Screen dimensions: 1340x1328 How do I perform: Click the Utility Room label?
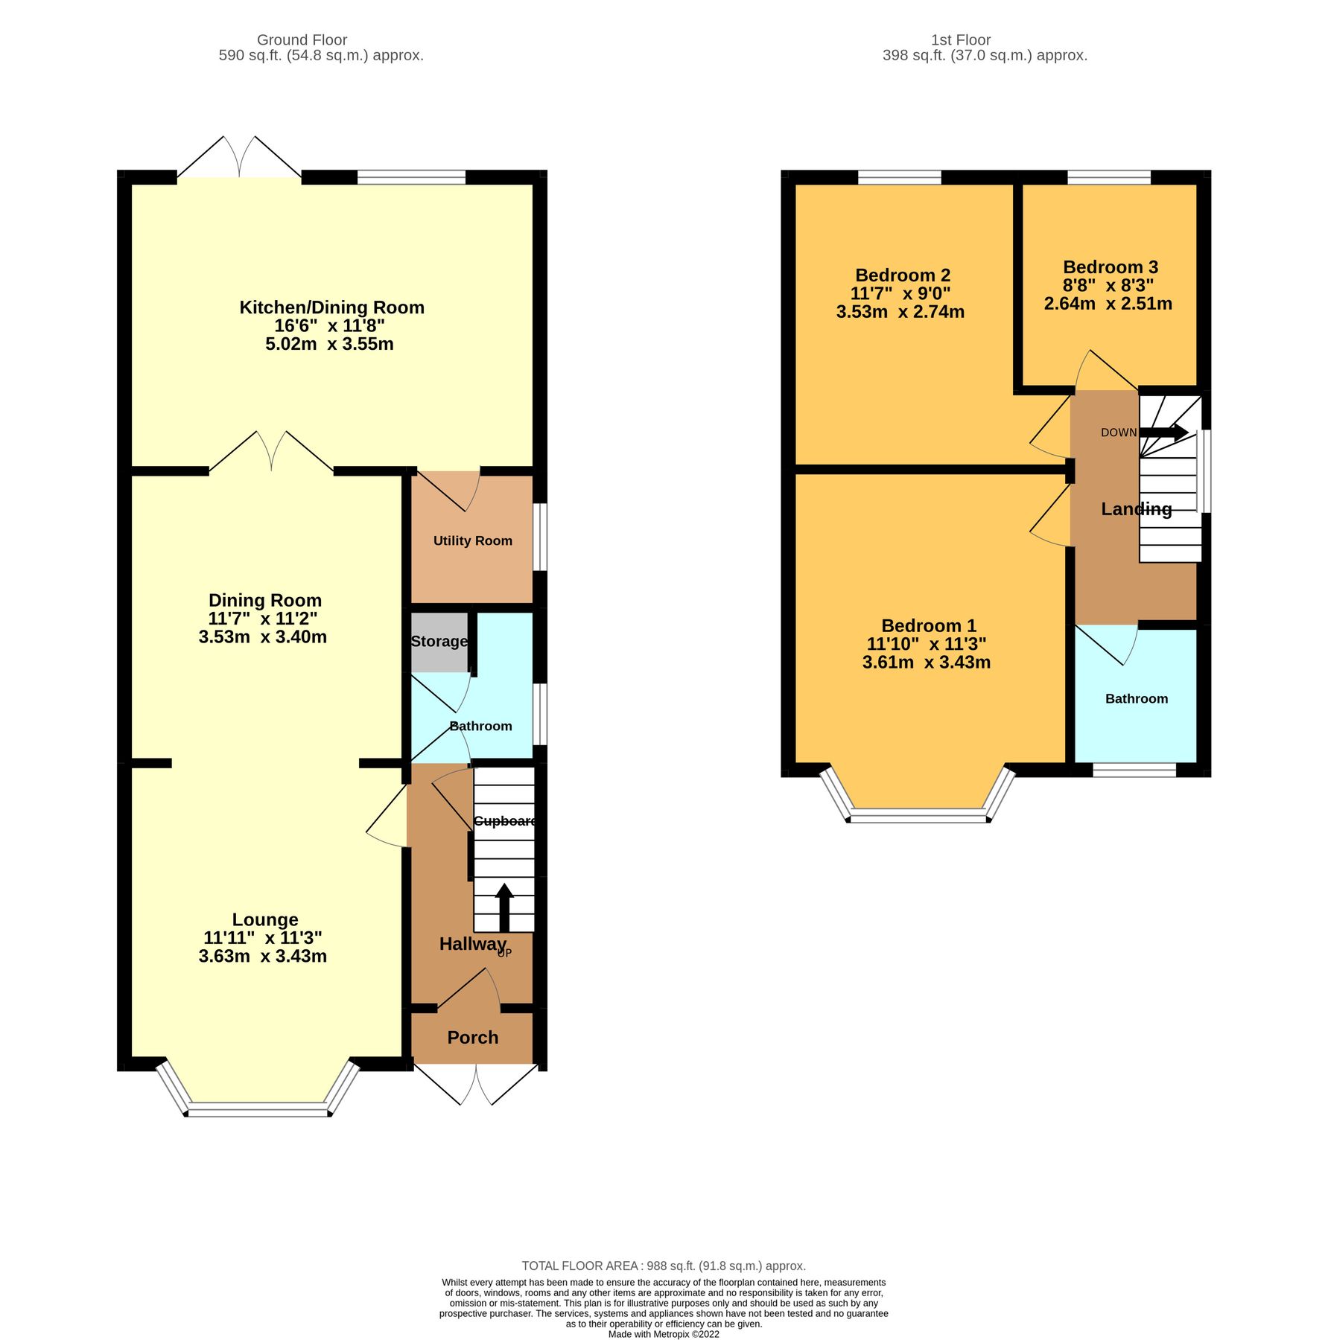(x=472, y=540)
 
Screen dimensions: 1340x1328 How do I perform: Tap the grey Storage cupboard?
(x=439, y=642)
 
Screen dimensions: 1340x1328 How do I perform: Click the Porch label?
(x=472, y=1037)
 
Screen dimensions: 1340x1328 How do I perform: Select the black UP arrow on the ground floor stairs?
(x=504, y=906)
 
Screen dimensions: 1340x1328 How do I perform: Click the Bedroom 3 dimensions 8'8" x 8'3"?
(x=1108, y=285)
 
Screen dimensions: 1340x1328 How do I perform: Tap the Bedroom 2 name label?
(x=903, y=275)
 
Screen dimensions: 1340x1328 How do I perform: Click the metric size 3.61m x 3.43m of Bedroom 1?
(x=926, y=662)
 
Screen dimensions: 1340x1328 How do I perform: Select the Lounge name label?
(x=265, y=919)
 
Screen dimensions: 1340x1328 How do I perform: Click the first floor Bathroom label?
(x=1136, y=698)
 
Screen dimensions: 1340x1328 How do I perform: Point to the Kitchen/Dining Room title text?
(x=331, y=307)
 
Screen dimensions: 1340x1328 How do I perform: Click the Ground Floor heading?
(x=302, y=40)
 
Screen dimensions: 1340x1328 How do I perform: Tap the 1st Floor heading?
(x=960, y=40)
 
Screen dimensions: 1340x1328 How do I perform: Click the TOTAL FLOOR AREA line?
(x=663, y=1266)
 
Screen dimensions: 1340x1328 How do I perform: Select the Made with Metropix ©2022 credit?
(x=663, y=1334)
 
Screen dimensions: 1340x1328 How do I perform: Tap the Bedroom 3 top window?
(x=1108, y=177)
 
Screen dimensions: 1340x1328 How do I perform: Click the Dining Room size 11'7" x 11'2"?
(x=263, y=618)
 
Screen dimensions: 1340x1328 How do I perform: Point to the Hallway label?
(x=472, y=944)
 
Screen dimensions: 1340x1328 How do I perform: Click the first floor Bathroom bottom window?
(x=1134, y=770)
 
